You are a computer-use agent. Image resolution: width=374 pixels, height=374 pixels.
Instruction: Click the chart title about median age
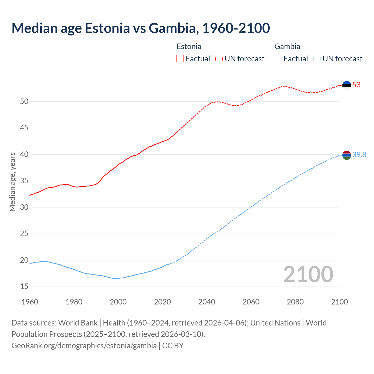pyautogui.click(x=141, y=28)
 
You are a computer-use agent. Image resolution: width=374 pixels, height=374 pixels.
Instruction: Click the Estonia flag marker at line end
pyautogui.click(x=347, y=85)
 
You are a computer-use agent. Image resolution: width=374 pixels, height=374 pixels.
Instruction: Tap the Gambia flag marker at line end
pyautogui.click(x=347, y=155)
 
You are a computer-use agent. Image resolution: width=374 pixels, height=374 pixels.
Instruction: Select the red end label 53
pyautogui.click(x=356, y=85)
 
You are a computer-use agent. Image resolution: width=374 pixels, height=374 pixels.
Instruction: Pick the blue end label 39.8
pyautogui.click(x=359, y=155)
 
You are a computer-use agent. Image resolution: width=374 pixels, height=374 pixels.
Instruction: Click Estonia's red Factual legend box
pyautogui.click(x=180, y=59)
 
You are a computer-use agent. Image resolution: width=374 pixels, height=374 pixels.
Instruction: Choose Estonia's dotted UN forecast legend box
pyautogui.click(x=219, y=59)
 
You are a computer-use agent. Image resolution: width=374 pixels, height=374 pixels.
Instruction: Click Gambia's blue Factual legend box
pyautogui.click(x=278, y=59)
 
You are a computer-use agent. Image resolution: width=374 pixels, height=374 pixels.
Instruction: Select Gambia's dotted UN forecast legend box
pyautogui.click(x=317, y=59)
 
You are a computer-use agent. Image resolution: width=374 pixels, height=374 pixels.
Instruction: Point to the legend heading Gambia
pyautogui.click(x=287, y=46)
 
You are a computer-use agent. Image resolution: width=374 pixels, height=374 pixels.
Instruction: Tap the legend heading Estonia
pyautogui.click(x=189, y=46)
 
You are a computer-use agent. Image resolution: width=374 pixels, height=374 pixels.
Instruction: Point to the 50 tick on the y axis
pyautogui.click(x=24, y=102)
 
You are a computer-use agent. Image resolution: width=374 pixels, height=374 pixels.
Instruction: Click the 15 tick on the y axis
pyautogui.click(x=24, y=287)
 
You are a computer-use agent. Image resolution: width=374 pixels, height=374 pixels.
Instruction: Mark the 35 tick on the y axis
pyautogui.click(x=24, y=181)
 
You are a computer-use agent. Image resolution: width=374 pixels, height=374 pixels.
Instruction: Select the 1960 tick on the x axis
pyautogui.click(x=30, y=302)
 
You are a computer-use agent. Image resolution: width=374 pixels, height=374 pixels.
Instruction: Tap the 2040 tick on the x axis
pyautogui.click(x=207, y=302)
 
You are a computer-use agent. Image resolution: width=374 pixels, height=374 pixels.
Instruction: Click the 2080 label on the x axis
pyautogui.click(x=295, y=302)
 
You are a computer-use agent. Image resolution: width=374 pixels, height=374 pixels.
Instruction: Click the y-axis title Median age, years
pyautogui.click(x=12, y=182)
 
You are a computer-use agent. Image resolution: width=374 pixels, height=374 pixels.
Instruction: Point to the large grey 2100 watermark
pyautogui.click(x=308, y=274)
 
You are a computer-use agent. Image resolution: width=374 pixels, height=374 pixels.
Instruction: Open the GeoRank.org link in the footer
pyautogui.click(x=84, y=346)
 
